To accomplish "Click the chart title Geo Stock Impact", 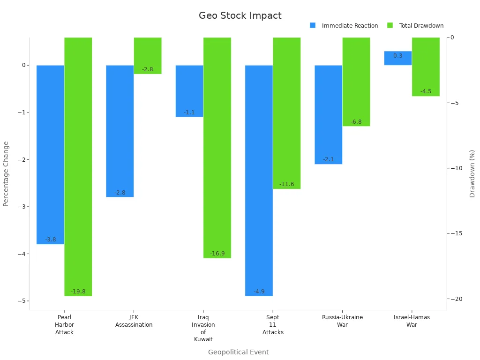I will (240, 15).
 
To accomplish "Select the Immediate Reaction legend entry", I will (349, 26).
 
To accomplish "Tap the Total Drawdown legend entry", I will (420, 26).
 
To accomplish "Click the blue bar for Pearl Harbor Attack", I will (50, 155).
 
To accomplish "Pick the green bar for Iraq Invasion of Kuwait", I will (217, 148).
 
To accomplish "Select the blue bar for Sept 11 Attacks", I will (259, 180).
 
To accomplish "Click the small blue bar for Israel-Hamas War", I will (397, 58).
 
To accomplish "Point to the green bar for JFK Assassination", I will (148, 56).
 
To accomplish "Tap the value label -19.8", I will (78, 292).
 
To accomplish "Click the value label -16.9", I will (217, 254).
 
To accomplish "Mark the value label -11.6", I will (286, 184).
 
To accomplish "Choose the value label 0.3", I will (397, 56).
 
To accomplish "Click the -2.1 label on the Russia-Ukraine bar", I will (328, 159).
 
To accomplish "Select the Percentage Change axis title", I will (6, 173).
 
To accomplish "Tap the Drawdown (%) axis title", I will (472, 173).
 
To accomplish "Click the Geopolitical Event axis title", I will (238, 352).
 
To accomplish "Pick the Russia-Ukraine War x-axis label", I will (342, 321).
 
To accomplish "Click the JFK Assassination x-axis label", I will (134, 321).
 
